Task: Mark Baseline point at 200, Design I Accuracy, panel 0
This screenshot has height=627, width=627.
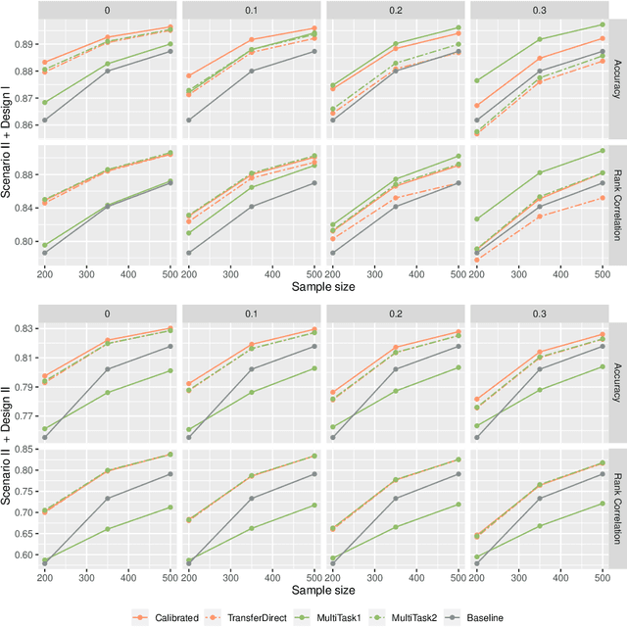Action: [71, 120]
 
